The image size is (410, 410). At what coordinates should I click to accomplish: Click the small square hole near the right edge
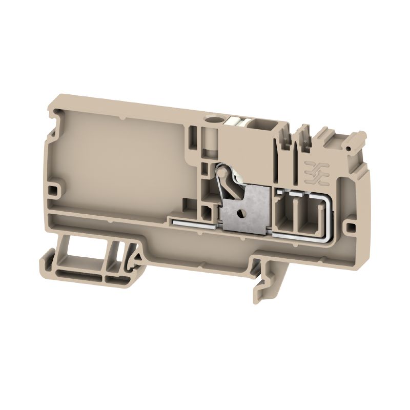tap(351, 225)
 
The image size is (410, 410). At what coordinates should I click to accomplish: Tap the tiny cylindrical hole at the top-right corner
tap(348, 148)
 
